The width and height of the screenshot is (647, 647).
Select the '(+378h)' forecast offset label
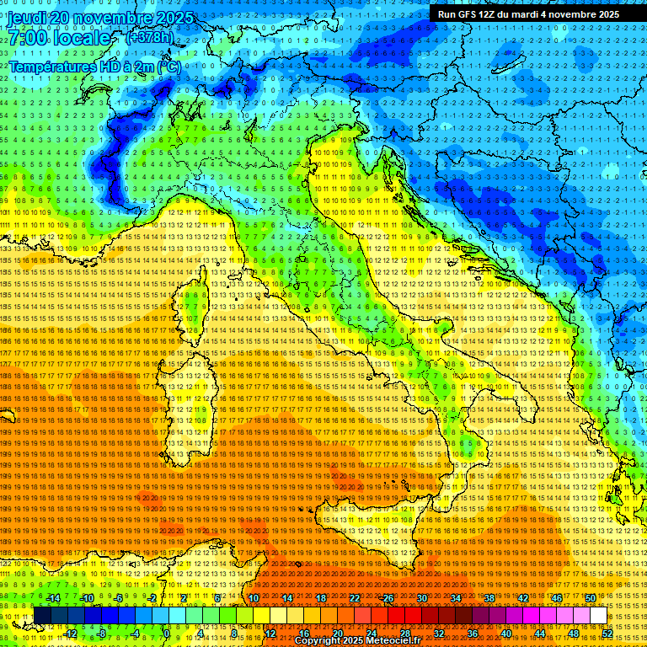coord(149,38)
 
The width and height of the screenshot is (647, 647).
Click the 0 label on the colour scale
coord(167,633)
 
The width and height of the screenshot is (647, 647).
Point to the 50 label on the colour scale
coord(591,598)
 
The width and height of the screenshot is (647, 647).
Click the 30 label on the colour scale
coord(422,598)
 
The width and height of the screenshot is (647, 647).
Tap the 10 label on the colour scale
coord(253,598)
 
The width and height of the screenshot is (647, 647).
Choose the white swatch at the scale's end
coord(598,615)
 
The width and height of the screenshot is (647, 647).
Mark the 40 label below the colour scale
coord(506,633)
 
